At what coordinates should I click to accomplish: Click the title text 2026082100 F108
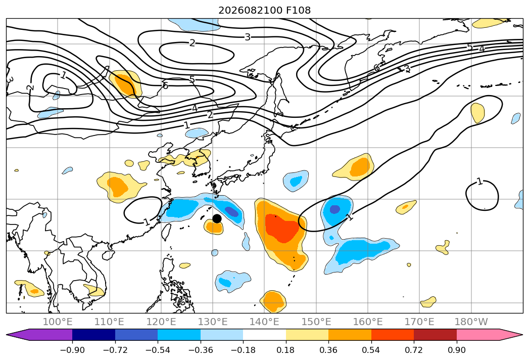pos(265,10)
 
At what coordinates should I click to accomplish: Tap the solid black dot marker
pos(217,218)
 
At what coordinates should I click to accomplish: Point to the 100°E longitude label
pos(58,322)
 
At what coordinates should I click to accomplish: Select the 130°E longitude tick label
pos(213,322)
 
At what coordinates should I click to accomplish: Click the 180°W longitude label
pos(471,322)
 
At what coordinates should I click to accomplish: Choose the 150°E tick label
pos(316,322)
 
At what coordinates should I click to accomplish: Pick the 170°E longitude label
pos(419,322)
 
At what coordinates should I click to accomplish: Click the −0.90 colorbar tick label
pos(72,350)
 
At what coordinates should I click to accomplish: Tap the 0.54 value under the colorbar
pos(371,350)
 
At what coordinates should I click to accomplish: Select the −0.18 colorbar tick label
pos(243,350)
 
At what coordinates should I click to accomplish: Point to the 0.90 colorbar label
pos(456,350)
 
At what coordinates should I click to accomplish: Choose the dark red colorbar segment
pos(435,335)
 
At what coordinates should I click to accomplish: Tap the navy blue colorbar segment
pos(93,335)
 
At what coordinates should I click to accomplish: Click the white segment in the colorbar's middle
pos(265,335)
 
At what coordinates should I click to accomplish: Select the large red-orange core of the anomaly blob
pos(282,228)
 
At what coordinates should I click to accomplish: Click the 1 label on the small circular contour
pos(479,182)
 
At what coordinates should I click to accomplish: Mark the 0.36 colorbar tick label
pos(328,350)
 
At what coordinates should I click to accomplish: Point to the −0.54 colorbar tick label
pos(158,350)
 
